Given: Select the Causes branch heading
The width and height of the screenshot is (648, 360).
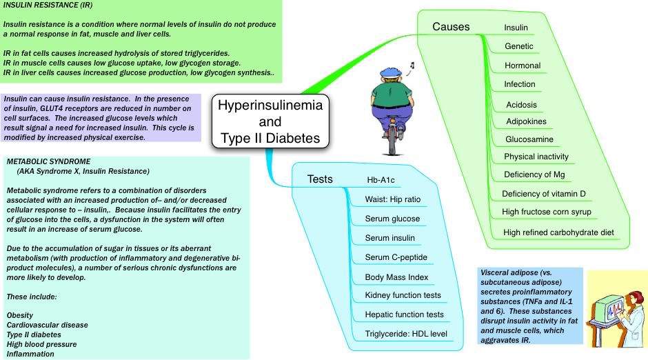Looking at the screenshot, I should pos(451,27).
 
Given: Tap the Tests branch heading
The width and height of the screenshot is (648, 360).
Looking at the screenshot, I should pos(320,179).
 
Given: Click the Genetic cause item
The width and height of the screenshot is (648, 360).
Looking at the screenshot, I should pos(518,47).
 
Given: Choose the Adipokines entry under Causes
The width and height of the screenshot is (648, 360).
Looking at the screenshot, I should pos(526,121).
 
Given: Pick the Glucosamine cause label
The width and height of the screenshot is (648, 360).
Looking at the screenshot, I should pos(529,139).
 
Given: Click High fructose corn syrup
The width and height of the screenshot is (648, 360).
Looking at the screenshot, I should pos(547,212).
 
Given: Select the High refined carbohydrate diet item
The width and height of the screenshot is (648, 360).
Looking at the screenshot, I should pos(558,232).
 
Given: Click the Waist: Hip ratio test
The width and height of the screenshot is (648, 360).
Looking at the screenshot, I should pos(393,200).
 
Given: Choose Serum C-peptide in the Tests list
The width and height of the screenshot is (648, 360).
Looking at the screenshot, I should pos(396,258).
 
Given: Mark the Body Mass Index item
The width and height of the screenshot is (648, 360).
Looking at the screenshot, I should pos(396,277).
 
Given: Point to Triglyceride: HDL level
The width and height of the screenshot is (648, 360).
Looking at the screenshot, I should pos(406,334).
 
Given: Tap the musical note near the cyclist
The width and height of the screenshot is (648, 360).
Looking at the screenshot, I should pos(411,67).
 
